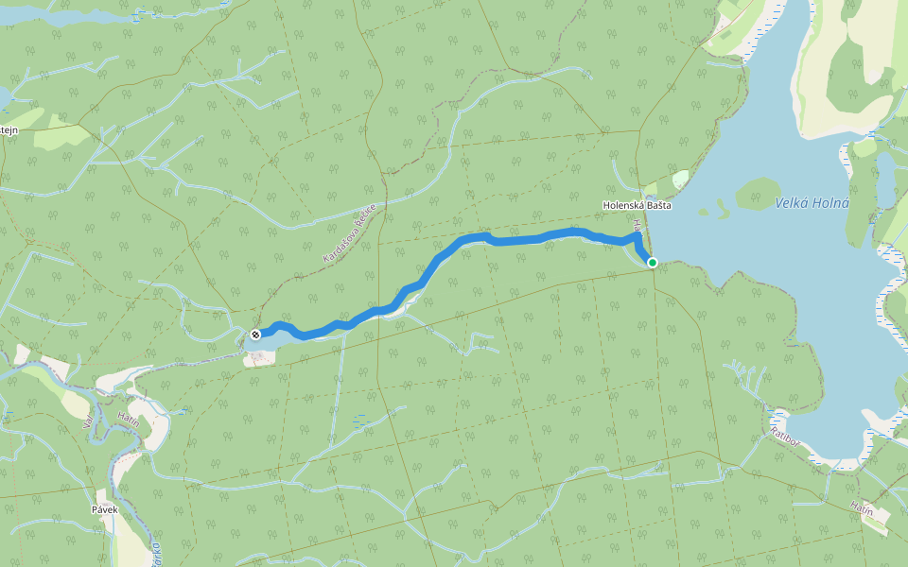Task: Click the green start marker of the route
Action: [x=652, y=262]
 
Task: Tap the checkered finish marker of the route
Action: [x=255, y=335]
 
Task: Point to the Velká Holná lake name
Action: [x=812, y=203]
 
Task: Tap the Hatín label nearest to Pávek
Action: [x=130, y=421]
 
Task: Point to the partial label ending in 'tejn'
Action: [x=9, y=130]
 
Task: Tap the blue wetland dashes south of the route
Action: [x=360, y=421]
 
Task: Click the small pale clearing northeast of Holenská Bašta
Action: [x=681, y=179]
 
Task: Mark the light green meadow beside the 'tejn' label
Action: [x=57, y=136]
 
